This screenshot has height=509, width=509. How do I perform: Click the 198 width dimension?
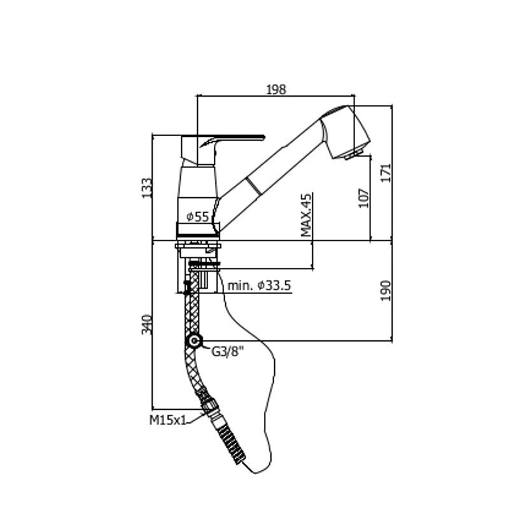276,89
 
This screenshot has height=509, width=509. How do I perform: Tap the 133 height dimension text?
146,188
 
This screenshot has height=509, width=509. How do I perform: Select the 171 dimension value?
386,173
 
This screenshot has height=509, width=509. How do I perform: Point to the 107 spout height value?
364,198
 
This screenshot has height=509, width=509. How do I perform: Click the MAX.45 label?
306,215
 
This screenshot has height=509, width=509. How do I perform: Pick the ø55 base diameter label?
198,216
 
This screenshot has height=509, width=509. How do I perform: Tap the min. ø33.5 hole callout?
260,286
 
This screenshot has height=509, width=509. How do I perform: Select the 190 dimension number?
386,291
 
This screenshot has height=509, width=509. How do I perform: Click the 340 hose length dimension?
146,324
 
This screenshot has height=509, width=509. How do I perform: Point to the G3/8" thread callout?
227,351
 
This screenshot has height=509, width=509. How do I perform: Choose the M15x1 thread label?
168,420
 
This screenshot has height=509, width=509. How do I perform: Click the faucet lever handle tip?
263,137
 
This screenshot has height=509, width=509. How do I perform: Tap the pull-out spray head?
345,132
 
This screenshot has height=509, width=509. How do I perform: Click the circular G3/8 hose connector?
194,341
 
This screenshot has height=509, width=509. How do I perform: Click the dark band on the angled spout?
253,186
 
